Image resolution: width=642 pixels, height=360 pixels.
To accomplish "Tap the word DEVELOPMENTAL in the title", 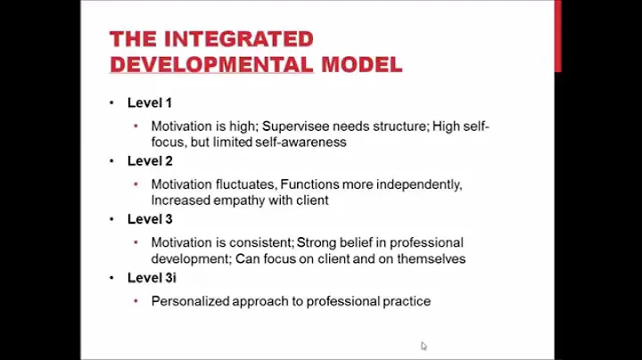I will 210,64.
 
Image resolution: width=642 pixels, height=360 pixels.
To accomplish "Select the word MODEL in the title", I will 361,64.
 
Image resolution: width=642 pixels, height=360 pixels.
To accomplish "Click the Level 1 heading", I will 150,102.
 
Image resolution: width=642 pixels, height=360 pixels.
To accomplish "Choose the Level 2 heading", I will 150,160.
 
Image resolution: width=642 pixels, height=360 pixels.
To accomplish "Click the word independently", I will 420,184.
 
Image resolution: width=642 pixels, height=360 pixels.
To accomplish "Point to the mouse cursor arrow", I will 424,346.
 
